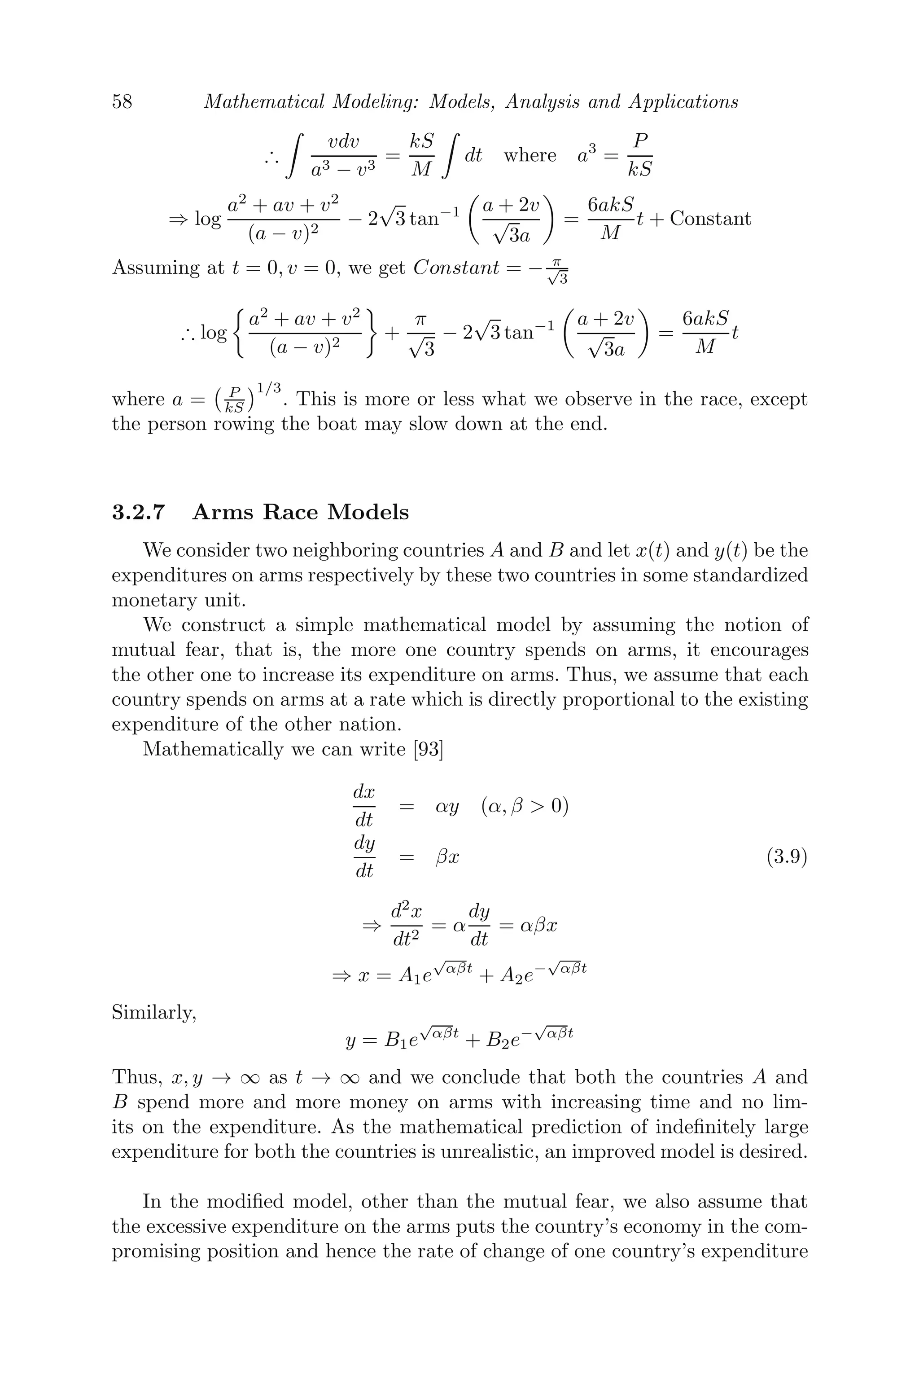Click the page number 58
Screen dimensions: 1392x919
pos(122,102)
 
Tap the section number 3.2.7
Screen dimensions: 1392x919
pos(138,513)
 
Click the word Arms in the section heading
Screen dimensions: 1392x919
pos(223,513)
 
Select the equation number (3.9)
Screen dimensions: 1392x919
pos(787,857)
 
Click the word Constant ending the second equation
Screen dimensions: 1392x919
pos(710,219)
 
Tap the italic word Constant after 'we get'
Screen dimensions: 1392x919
pos(456,268)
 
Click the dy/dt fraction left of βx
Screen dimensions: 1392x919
pos(364,857)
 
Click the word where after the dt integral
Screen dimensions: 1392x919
pos(529,155)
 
